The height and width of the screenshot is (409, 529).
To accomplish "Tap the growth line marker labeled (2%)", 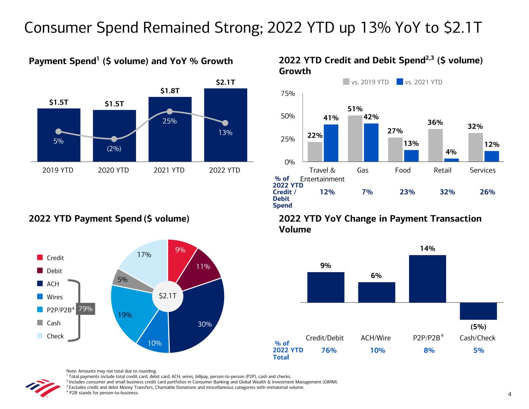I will pyautogui.click(x=114, y=139).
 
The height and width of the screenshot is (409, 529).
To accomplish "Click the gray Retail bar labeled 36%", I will pyautogui.click(x=435, y=145).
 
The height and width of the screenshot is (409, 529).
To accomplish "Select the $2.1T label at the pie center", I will pyautogui.click(x=168, y=296).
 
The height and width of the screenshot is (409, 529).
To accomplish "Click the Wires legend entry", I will pyautogui.click(x=54, y=297).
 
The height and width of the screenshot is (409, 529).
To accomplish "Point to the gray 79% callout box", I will pyautogui.click(x=85, y=309).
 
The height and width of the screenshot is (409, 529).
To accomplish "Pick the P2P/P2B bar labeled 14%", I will pyautogui.click(x=427, y=278).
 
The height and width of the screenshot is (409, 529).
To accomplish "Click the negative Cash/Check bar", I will pyautogui.click(x=478, y=311).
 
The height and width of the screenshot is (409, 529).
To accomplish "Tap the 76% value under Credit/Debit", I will pyautogui.click(x=329, y=350).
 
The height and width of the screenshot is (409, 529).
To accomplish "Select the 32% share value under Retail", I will pyautogui.click(x=447, y=192).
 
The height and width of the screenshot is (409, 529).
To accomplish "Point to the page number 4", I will pyautogui.click(x=510, y=395).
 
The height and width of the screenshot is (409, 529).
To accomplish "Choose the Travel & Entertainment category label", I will pyautogui.click(x=322, y=174).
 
